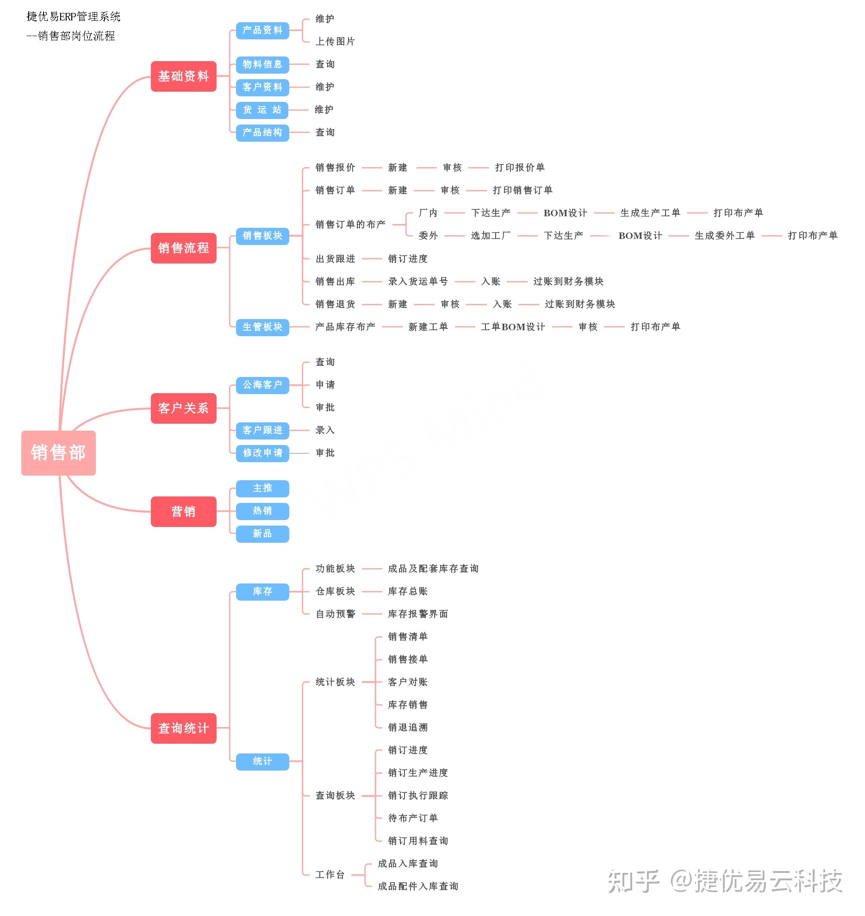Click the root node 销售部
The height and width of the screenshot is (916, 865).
pyautogui.click(x=58, y=452)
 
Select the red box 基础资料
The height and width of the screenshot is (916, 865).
pyautogui.click(x=183, y=76)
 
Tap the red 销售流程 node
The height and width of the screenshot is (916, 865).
pyautogui.click(x=183, y=248)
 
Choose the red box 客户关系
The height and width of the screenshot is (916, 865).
pyautogui.click(x=183, y=408)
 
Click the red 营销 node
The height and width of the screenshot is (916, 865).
pyautogui.click(x=183, y=511)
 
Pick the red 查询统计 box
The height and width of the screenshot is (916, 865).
pyautogui.click(x=183, y=728)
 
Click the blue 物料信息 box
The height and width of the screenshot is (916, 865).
pyautogui.click(x=262, y=64)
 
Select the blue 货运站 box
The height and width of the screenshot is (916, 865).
pyautogui.click(x=262, y=110)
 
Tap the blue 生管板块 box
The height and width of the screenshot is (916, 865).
pyautogui.click(x=262, y=327)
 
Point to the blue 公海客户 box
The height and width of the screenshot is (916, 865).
pyautogui.click(x=262, y=385)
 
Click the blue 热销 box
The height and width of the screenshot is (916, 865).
pyautogui.click(x=262, y=511)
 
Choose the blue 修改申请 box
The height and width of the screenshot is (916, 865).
pyautogui.click(x=262, y=453)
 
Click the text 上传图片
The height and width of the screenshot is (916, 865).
pyautogui.click(x=335, y=42)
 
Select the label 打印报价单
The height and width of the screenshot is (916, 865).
pyautogui.click(x=520, y=167)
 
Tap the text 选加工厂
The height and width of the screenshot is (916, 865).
pyautogui.click(x=491, y=236)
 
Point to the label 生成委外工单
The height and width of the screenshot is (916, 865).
pyautogui.click(x=724, y=236)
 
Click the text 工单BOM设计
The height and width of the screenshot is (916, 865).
pyautogui.click(x=513, y=327)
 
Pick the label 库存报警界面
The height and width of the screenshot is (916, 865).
pyautogui.click(x=418, y=614)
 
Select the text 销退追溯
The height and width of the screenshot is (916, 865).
pyautogui.click(x=408, y=728)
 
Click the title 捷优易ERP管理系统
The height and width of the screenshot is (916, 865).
pyautogui.click(x=74, y=17)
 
